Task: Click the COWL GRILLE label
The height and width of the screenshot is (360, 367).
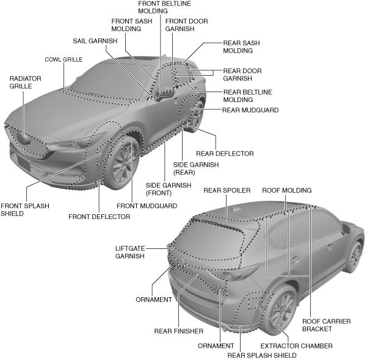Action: (63, 60)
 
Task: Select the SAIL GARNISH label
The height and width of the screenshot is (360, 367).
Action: (95, 41)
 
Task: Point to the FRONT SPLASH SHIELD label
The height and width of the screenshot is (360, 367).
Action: (17, 210)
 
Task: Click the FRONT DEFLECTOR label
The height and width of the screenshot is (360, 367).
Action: (99, 217)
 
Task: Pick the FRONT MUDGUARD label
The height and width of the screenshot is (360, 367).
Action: (147, 206)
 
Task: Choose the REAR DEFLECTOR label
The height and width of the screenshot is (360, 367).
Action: (224, 153)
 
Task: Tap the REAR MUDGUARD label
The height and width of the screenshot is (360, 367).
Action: (250, 110)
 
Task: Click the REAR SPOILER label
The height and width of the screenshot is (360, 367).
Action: (227, 190)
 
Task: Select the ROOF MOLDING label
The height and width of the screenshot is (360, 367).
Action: (287, 190)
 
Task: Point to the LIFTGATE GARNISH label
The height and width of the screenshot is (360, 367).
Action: (130, 253)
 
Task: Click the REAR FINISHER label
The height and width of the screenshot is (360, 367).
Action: (179, 331)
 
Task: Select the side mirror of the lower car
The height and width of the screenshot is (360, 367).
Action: (346, 229)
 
